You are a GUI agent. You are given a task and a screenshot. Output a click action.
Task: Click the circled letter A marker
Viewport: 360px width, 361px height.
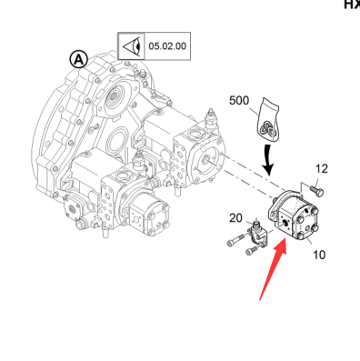[79, 59]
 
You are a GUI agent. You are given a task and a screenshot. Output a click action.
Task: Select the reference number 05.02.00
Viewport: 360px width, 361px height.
[167, 46]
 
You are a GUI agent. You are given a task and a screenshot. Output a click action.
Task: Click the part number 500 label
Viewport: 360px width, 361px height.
[239, 101]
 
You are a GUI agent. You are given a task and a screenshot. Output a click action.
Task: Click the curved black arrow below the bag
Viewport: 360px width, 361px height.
[267, 160]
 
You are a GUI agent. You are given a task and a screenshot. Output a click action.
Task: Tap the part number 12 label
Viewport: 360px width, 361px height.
[322, 169]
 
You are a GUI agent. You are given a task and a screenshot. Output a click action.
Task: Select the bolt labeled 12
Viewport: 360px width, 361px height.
[316, 190]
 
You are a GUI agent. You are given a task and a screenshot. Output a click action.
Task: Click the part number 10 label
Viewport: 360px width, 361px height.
[319, 255]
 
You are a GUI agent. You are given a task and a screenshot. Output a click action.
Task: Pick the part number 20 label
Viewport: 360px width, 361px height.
[235, 218]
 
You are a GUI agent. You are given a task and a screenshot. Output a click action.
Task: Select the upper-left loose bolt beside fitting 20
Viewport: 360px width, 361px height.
[235, 239]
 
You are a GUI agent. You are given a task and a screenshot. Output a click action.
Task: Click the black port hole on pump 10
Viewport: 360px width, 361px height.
[285, 224]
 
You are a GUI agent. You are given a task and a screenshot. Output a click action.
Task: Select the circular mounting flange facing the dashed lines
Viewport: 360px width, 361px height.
[206, 161]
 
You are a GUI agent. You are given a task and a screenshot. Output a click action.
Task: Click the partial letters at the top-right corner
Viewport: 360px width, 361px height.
[352, 5]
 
